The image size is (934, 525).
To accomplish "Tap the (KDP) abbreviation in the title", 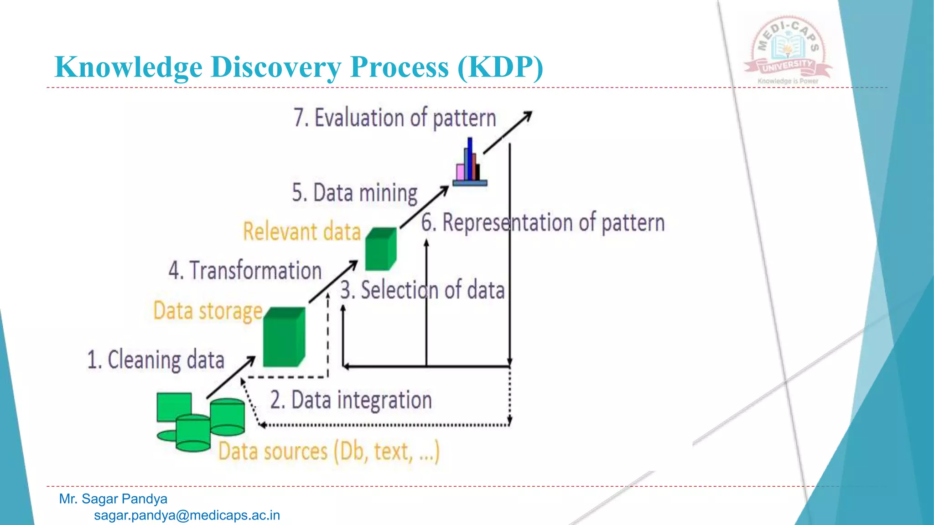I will coord(500,67).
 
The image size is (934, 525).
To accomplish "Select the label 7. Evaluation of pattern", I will coord(394,118).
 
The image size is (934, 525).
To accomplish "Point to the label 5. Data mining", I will coord(354,193).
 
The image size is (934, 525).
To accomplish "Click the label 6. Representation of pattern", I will coord(543,223).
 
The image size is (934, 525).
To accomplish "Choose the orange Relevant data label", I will coord(301,231).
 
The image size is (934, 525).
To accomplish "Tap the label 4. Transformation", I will coord(245,270).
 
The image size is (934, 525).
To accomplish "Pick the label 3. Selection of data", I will coord(422,290).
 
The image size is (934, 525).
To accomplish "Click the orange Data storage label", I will coord(208,311).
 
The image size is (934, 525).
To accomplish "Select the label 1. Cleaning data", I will coord(156,360).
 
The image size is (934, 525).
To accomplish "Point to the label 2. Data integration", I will coord(351,400).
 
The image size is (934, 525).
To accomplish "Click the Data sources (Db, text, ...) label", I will coord(329,451).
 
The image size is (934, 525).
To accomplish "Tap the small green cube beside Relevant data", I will coord(381,249).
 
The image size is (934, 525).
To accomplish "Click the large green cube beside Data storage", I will coord(284,337).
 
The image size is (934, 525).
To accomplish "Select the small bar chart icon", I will coord(470,164).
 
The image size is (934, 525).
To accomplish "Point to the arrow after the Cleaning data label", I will coord(231,377).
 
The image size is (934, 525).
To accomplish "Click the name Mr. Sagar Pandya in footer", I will coord(113,499).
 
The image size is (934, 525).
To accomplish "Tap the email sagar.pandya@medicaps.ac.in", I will coord(187,515).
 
